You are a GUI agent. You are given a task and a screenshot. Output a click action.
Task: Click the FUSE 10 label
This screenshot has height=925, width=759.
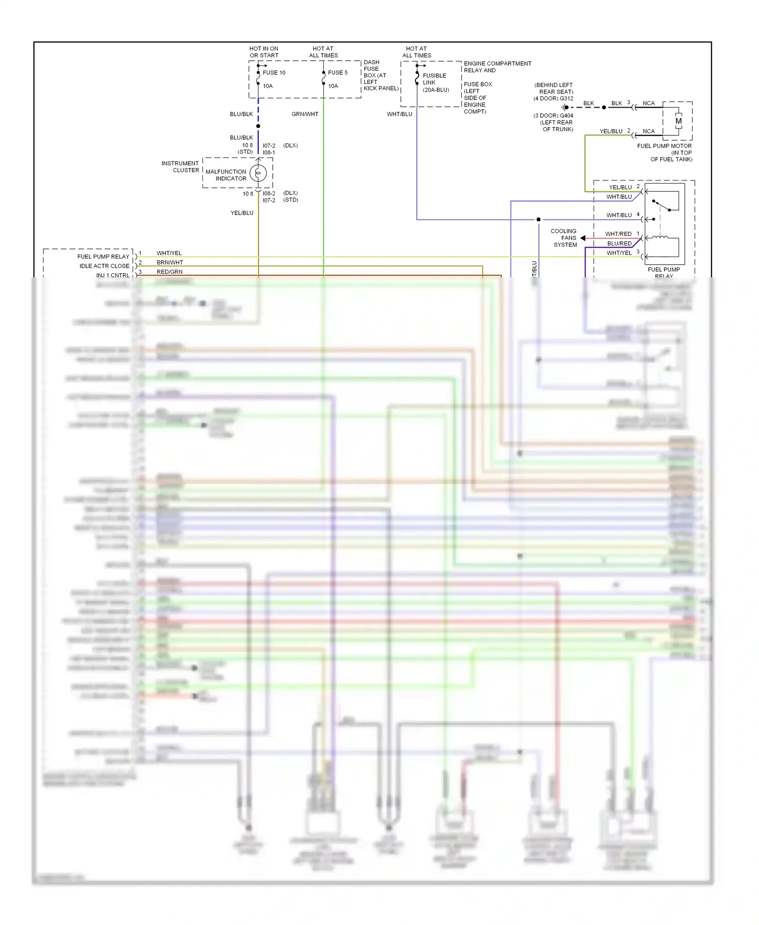pos(274,73)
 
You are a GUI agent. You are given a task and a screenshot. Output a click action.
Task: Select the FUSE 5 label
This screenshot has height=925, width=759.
pos(338,73)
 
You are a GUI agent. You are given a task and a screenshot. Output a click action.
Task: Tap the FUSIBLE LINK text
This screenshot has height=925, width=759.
pos(434,79)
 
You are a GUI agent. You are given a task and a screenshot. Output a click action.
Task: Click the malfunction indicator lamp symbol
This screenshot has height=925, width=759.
pos(258,174)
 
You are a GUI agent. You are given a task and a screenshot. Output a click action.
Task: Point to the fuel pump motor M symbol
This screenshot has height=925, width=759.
pos(678,121)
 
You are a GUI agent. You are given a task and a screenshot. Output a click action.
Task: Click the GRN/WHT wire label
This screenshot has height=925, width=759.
pos(305,114)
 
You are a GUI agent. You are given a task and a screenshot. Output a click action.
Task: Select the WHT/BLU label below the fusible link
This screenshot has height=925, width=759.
pos(399,114)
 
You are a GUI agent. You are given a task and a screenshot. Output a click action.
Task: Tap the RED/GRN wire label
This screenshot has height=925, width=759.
pos(170,272)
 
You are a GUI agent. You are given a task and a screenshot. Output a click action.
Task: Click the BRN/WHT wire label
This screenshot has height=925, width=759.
pos(170,263)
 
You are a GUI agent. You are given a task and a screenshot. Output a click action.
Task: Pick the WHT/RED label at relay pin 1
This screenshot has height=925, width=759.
pos(618,234)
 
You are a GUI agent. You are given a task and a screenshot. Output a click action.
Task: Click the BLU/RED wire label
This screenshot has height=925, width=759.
pos(619,244)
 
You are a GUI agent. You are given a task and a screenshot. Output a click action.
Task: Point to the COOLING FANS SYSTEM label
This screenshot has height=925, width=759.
pos(564,238)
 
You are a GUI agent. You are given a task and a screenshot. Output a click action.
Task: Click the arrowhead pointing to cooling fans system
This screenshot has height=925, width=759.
pos(583,238)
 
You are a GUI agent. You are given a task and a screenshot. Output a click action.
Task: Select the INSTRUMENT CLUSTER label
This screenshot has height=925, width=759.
pos(180,167)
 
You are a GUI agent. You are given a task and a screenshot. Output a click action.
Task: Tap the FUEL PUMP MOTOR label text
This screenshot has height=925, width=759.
pos(664,146)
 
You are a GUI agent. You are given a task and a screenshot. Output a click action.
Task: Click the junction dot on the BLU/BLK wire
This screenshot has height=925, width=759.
pos(258,126)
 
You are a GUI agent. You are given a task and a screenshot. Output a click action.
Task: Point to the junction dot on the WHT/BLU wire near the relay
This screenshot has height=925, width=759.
pos(538,220)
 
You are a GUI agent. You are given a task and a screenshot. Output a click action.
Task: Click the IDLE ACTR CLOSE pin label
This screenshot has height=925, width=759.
pos(104,266)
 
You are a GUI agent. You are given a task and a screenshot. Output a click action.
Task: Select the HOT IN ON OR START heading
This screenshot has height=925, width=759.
pos(264,52)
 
